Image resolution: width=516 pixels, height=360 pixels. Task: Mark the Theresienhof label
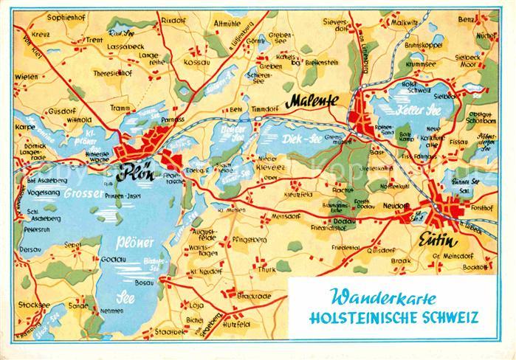pos(112,75)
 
